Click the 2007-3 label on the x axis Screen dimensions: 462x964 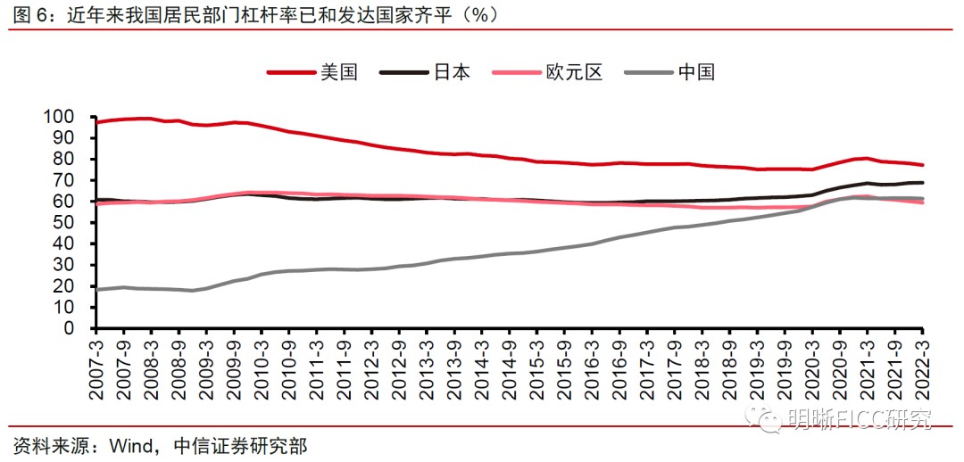click(97, 367)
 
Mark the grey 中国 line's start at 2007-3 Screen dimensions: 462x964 click(96, 289)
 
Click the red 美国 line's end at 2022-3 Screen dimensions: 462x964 click(922, 165)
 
